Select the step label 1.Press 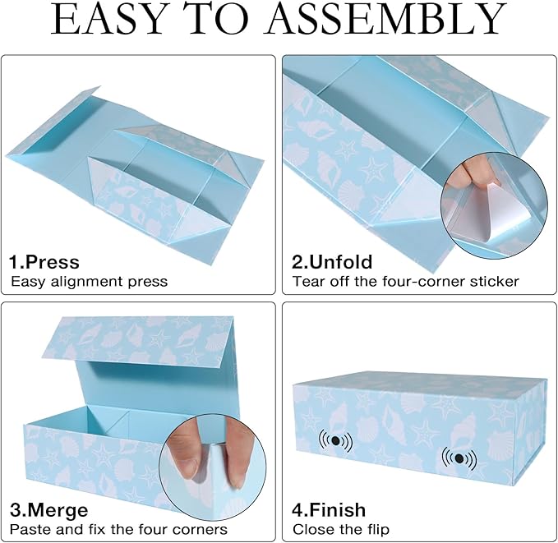click(44, 262)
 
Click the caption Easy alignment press click(89, 282)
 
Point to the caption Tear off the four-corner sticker click(405, 282)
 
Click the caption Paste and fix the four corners click(118, 529)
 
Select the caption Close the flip click(341, 529)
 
